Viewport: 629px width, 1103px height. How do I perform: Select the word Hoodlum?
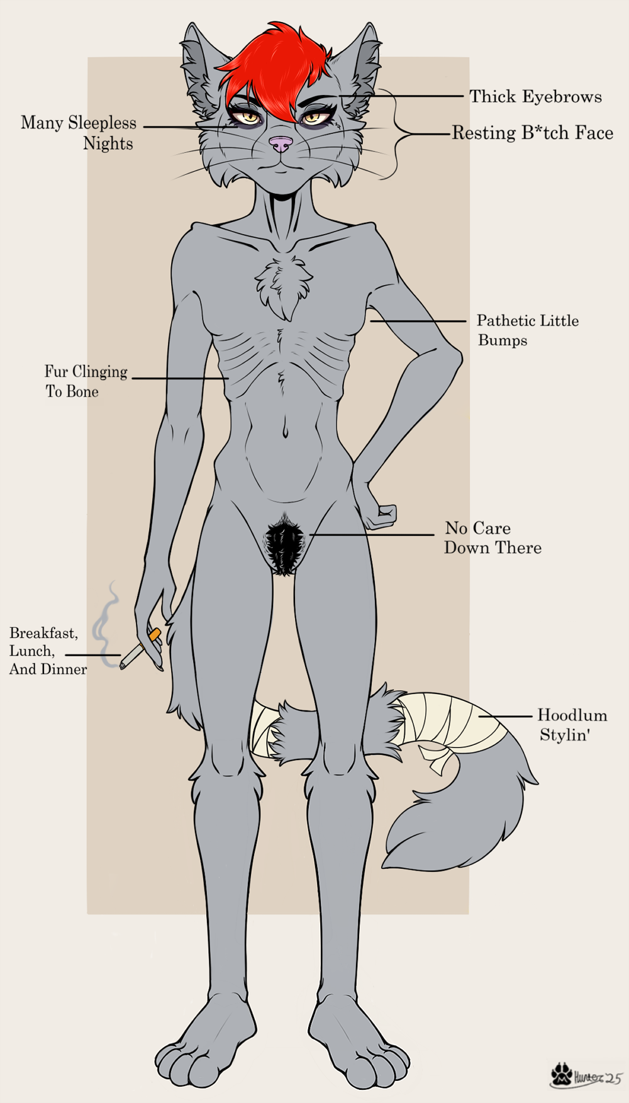(572, 715)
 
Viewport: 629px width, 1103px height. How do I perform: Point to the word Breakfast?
(43, 633)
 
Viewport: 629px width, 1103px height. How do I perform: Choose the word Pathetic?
(504, 321)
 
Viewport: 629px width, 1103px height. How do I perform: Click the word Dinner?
(65, 669)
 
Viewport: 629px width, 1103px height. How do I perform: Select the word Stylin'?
(564, 735)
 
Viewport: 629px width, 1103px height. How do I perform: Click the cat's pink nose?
(281, 144)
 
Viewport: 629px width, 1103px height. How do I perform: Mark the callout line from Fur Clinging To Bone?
(179, 378)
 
